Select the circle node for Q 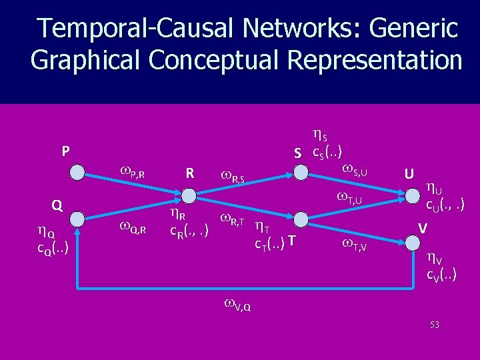[x=78, y=218]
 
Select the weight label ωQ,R [x=133, y=227]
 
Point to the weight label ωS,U [x=357, y=171]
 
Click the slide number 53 [x=435, y=325]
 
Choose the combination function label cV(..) [x=441, y=273]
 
